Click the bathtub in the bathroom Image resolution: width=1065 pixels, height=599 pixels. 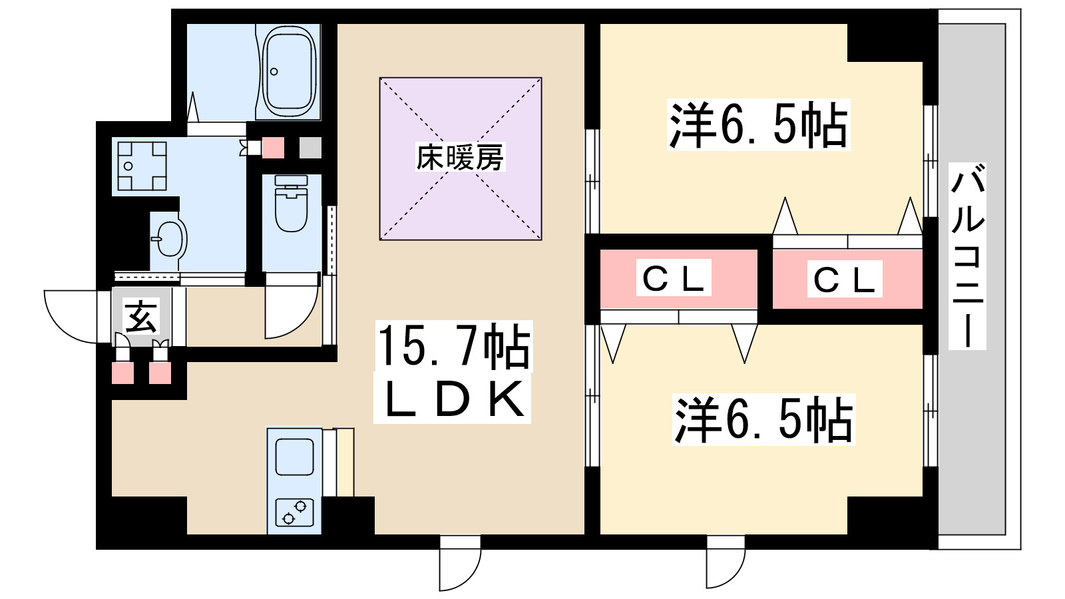(x=289, y=70)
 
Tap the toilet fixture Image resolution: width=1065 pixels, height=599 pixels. (x=291, y=204)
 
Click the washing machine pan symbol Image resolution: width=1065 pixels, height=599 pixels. (x=142, y=166)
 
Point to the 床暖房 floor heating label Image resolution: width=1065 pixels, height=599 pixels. (x=459, y=158)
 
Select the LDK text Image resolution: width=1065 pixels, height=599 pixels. (x=453, y=399)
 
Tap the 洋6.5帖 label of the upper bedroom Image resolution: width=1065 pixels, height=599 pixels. (x=758, y=125)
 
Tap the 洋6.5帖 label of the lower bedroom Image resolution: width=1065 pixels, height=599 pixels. (x=763, y=420)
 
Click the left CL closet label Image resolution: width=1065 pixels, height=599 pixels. (x=673, y=278)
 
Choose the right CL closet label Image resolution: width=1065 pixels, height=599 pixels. (x=844, y=280)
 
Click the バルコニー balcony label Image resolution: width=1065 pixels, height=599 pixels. (x=967, y=256)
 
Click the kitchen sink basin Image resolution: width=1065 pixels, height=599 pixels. (x=294, y=457)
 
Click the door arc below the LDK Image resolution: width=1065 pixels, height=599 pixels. (x=459, y=566)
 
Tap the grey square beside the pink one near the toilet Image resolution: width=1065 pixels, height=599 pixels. (x=310, y=148)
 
